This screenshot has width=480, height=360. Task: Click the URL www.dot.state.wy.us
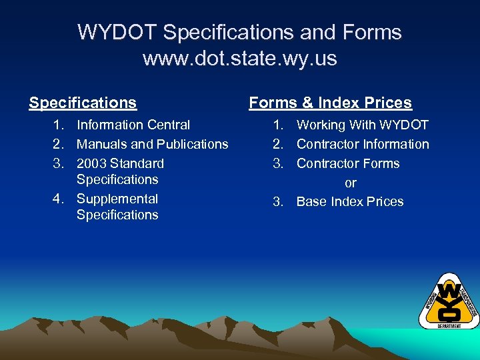pyautogui.click(x=239, y=59)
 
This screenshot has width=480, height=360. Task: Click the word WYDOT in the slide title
pyautogui.click(x=117, y=32)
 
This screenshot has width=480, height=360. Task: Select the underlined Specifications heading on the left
pyautogui.click(x=83, y=103)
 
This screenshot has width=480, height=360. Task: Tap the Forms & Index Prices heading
pyautogui.click(x=330, y=103)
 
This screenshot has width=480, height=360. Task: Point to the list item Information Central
pyautogui.click(x=133, y=125)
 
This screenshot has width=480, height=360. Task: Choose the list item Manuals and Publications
pyautogui.click(x=152, y=144)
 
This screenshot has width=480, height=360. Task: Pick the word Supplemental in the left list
pyautogui.click(x=117, y=199)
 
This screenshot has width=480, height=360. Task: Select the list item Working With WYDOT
pyautogui.click(x=362, y=125)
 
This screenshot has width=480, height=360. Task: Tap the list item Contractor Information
pyautogui.click(x=363, y=144)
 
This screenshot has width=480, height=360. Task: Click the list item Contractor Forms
pyautogui.click(x=348, y=163)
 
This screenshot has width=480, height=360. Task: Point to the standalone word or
pyautogui.click(x=351, y=183)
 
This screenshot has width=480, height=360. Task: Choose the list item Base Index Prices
pyautogui.click(x=350, y=202)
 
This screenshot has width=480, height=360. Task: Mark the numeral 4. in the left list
pyautogui.click(x=59, y=199)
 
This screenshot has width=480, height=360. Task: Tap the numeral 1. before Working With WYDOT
pyautogui.click(x=279, y=125)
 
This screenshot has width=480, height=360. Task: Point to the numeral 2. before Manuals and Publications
pyautogui.click(x=59, y=144)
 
